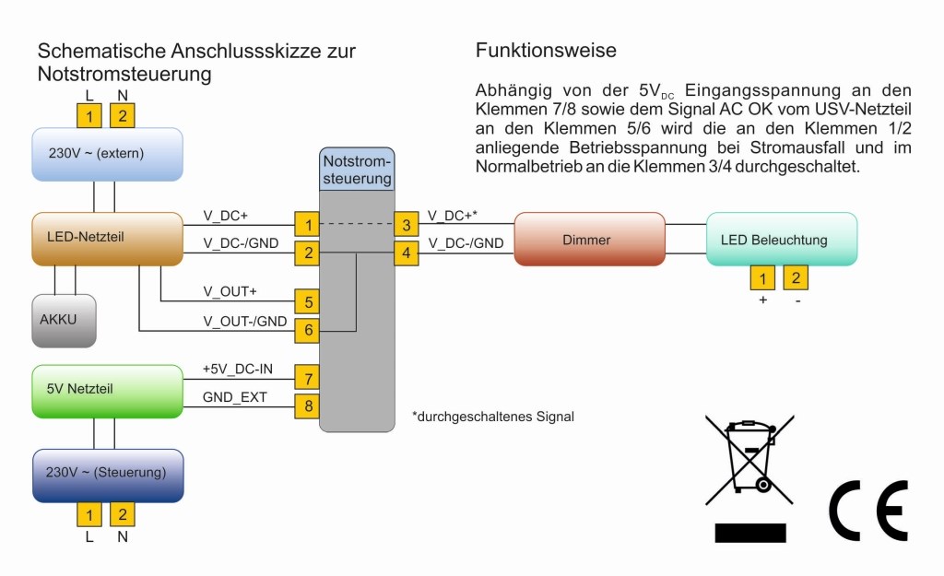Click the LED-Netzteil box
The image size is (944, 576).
tap(107, 238)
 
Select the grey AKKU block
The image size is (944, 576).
tap(64, 320)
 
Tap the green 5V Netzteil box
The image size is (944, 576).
tap(107, 390)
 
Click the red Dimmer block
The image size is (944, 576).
tap(589, 240)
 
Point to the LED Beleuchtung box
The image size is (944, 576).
tap(782, 240)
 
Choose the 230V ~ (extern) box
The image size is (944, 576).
tap(107, 153)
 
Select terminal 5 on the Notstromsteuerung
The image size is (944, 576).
tap(307, 300)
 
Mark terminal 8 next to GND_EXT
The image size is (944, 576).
tap(307, 405)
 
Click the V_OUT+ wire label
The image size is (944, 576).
tap(230, 292)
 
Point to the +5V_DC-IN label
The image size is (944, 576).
tap(237, 369)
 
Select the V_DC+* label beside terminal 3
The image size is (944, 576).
tap(453, 216)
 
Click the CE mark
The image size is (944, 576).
tap(868, 510)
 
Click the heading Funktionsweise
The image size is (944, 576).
tap(546, 51)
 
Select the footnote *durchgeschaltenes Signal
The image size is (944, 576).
tap(493, 417)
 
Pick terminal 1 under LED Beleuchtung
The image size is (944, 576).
tap(762, 277)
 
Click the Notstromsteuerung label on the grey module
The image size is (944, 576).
tap(357, 170)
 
